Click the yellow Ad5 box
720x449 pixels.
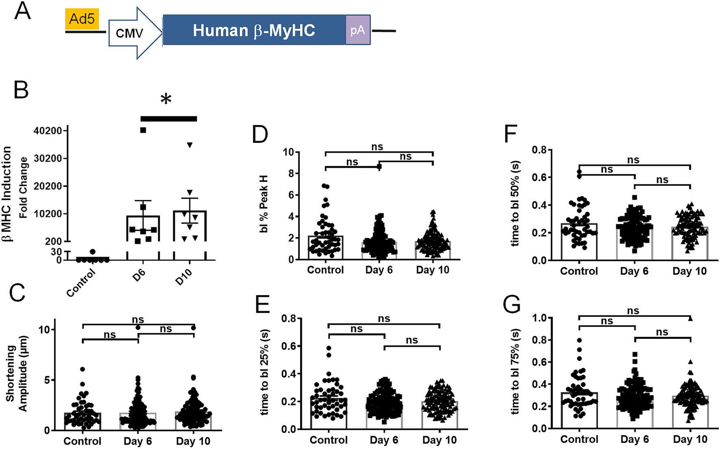(x=82, y=19)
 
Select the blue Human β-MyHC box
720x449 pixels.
(x=254, y=30)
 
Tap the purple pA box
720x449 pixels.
(x=358, y=30)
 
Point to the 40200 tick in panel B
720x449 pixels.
(x=48, y=131)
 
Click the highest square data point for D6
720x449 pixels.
(x=143, y=130)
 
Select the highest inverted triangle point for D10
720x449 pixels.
(x=190, y=145)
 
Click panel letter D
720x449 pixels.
(x=260, y=135)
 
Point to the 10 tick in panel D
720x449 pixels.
(x=288, y=152)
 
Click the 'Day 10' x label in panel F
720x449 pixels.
(x=689, y=272)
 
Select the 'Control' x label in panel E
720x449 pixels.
(x=329, y=440)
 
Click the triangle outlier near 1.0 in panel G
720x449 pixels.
(x=690, y=319)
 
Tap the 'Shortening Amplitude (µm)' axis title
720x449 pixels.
(x=16, y=374)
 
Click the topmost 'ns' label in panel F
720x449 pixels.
(x=633, y=160)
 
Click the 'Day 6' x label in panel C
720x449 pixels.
(x=137, y=441)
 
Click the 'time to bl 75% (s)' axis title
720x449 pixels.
(x=516, y=372)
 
